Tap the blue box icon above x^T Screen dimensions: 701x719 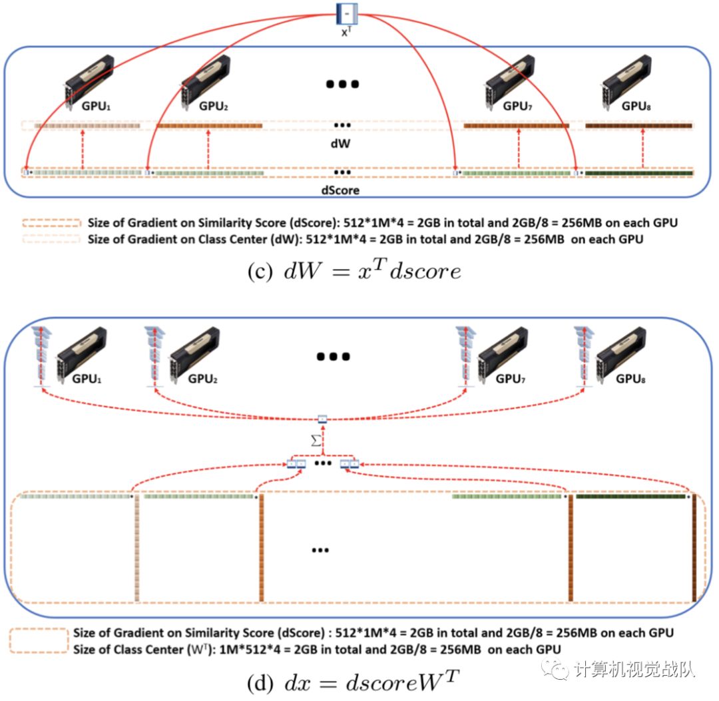[x=348, y=11]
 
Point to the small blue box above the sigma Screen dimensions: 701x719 [x=322, y=419]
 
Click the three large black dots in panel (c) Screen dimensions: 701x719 [x=343, y=84]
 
